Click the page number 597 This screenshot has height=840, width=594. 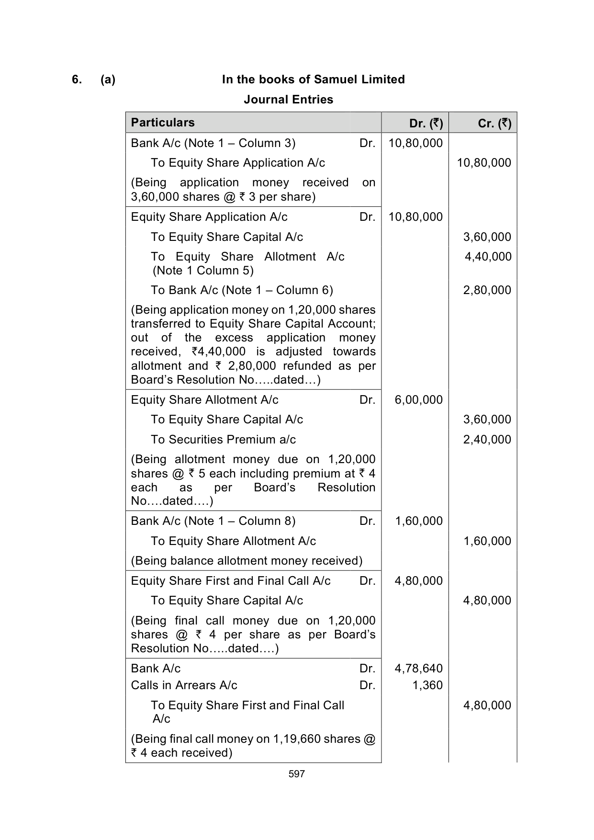[x=297, y=774]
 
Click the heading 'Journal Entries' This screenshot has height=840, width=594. [x=288, y=100]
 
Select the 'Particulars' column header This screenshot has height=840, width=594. [x=163, y=123]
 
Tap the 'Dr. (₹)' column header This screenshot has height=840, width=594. [x=426, y=124]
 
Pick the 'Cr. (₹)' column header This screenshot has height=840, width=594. [x=494, y=124]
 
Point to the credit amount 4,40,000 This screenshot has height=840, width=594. [x=488, y=257]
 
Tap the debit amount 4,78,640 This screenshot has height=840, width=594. [x=418, y=669]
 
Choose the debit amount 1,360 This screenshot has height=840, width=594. [x=427, y=685]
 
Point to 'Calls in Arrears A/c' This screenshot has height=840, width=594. [x=184, y=685]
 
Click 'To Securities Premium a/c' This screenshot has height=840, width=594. [x=223, y=440]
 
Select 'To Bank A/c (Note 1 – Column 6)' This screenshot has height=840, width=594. [x=242, y=290]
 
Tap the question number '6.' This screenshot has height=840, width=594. [x=77, y=79]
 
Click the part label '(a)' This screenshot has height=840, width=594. [x=108, y=79]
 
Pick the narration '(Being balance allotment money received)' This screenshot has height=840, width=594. [x=247, y=561]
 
